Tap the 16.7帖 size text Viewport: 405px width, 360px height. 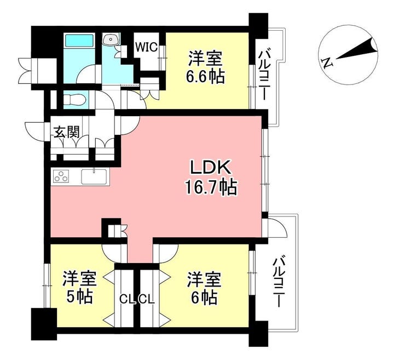(x=211, y=188)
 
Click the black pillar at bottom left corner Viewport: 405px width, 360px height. (x=43, y=323)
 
